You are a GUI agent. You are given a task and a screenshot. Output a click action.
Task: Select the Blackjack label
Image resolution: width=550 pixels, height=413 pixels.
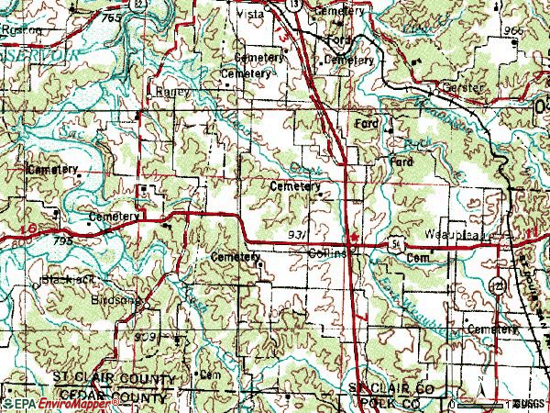pyautogui.click(x=62, y=278)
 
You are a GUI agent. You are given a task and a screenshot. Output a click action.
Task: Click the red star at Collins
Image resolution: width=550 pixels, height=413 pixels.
pyautogui.click(x=355, y=234)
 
